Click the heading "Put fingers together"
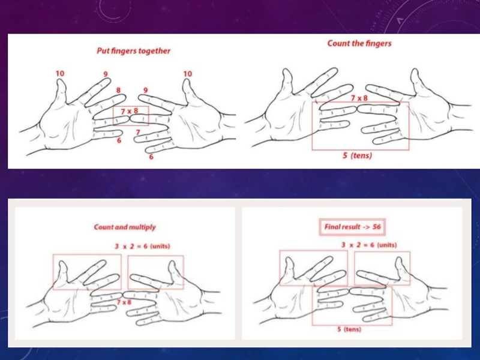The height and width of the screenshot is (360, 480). click(133, 51)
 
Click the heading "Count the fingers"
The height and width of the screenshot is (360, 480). click(359, 43)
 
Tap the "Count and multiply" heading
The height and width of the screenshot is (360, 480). click(125, 227)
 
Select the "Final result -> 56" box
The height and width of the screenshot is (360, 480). click(352, 227)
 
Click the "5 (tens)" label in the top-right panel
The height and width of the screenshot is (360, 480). click(357, 155)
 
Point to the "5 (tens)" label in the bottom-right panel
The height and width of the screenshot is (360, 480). click(349, 329)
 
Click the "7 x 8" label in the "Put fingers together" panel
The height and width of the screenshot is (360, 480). click(130, 111)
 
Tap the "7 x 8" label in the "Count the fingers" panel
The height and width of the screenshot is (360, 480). click(359, 98)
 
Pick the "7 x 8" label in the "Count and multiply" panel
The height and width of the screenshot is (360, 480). click(124, 302)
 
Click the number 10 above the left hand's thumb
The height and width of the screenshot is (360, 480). click(60, 73)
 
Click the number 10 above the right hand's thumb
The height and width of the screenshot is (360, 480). click(188, 74)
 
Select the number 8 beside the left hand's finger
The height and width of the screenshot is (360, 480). click(118, 90)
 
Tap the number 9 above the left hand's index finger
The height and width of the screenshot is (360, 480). click(106, 74)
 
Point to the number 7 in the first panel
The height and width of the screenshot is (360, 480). click(138, 132)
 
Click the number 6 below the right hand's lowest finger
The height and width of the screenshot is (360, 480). click(151, 157)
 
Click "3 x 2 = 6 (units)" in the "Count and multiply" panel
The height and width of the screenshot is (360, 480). click(142, 246)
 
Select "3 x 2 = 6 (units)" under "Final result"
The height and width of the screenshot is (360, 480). click(369, 245)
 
